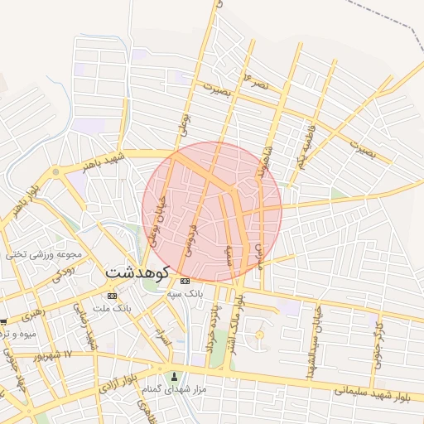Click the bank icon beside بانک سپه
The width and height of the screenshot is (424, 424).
point(184,281)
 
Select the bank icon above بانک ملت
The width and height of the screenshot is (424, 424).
point(112,296)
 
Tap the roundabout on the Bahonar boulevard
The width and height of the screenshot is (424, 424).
point(55,171)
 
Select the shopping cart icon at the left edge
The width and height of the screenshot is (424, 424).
point(3,320)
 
